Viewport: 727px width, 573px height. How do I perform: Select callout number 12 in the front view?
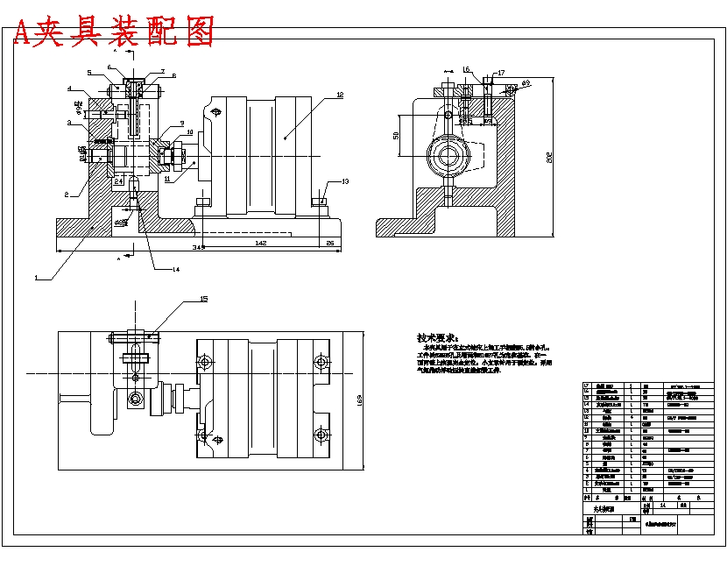340,94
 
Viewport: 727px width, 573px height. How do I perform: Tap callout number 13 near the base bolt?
345,181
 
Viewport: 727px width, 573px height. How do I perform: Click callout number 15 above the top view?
204,300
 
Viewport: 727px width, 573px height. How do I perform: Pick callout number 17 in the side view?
500,73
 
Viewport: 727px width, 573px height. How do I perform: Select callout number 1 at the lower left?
36,277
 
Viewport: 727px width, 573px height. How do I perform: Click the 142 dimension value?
260,242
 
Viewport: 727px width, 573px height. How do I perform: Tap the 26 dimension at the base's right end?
329,242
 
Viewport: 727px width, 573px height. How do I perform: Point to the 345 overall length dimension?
199,249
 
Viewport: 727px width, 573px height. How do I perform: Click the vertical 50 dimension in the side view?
396,136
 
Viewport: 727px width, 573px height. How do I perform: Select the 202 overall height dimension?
549,158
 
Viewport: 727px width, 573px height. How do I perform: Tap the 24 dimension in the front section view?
118,181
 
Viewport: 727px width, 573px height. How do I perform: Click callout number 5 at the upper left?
88,73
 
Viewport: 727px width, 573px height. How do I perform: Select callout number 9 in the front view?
181,123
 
